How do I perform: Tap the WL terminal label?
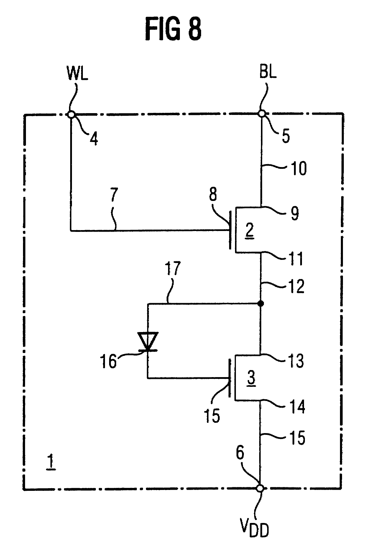click(78, 73)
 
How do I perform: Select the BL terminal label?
click(268, 72)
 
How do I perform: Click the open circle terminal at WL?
click(71, 114)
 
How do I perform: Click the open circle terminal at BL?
click(261, 114)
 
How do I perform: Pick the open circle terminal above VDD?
click(260, 488)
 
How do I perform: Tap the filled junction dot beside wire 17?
click(260, 303)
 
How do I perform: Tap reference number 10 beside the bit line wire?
click(298, 169)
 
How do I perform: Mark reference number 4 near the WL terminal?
click(93, 138)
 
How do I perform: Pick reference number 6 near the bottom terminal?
click(240, 453)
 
